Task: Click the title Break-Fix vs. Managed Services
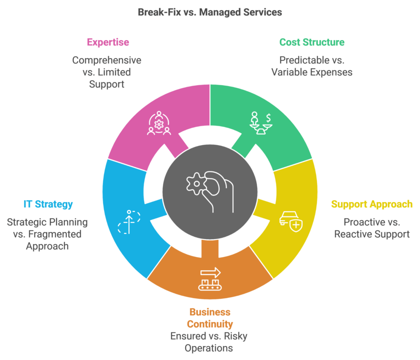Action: coord(210,12)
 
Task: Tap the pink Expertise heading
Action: coord(107,42)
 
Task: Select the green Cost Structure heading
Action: coord(312,42)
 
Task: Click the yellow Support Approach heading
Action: coord(372,204)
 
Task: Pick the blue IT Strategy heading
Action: coord(48,204)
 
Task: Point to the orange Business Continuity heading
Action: coord(210,318)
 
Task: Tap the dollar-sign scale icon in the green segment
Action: coord(261,123)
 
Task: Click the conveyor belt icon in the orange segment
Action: coord(210,279)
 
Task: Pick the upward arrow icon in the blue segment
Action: coord(129,221)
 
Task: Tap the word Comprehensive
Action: coord(107,60)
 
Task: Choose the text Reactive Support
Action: coord(372,235)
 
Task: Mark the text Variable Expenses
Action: coord(312,72)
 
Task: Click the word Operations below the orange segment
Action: coord(209,348)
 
